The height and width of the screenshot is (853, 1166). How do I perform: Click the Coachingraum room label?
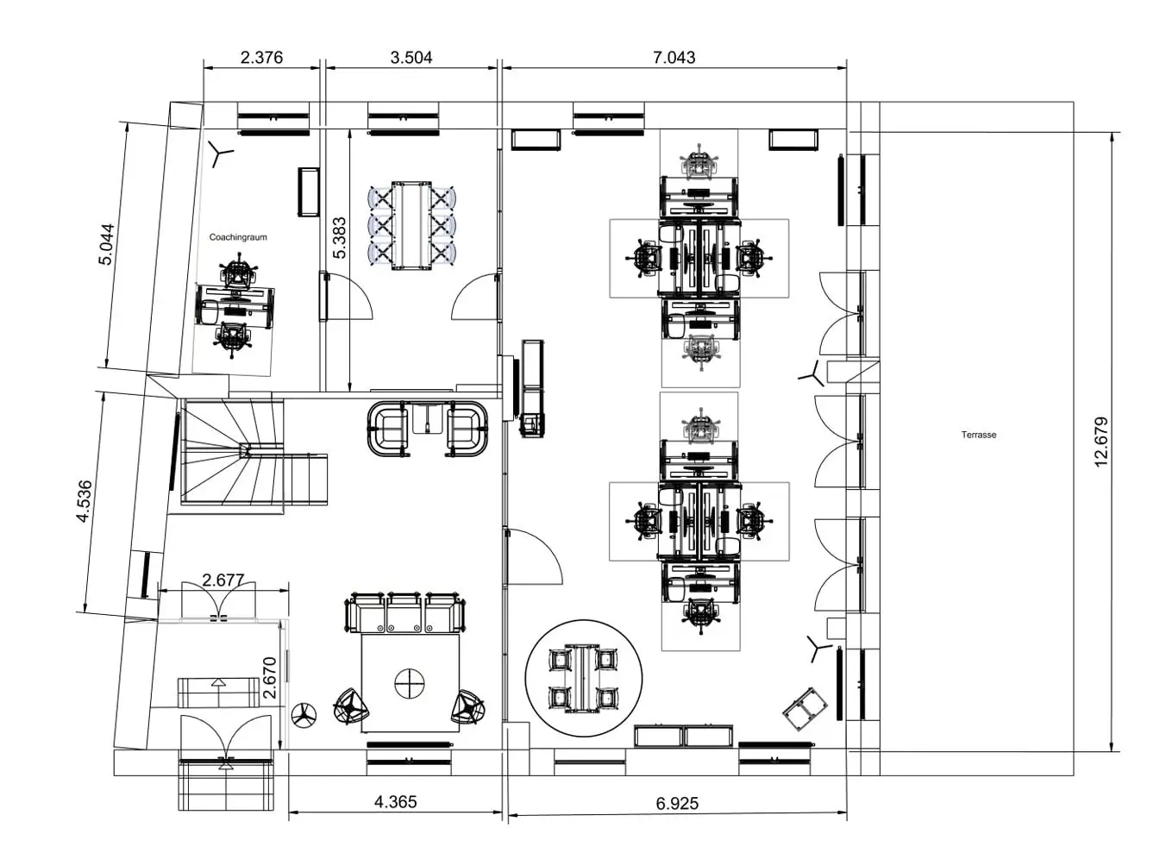[x=238, y=237]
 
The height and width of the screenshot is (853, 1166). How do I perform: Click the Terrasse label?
[x=979, y=435]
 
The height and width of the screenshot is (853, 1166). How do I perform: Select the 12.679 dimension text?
[x=1101, y=442]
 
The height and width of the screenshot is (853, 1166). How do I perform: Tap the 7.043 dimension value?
[x=674, y=57]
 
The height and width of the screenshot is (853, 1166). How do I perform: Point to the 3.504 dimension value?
[x=411, y=57]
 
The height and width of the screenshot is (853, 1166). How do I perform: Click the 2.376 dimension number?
[x=261, y=57]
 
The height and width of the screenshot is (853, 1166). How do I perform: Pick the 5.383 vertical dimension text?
[x=340, y=238]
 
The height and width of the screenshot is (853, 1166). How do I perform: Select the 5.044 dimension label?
[x=106, y=244]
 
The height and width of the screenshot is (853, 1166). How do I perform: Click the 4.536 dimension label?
[x=84, y=501]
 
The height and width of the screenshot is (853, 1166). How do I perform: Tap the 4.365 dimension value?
[x=396, y=802]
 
